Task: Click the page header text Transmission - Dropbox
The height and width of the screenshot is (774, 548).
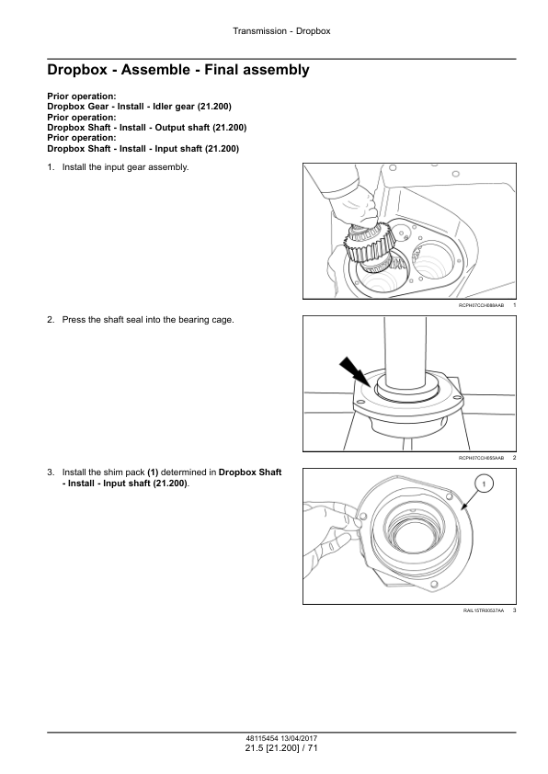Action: click(281, 31)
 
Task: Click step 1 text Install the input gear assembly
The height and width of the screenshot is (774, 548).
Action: click(125, 167)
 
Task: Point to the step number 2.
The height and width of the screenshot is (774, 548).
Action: click(51, 320)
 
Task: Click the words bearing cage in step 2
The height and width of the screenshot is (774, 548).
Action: click(211, 320)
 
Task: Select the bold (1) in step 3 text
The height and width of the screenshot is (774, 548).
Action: click(153, 472)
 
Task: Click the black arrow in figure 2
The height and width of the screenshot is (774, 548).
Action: click(355, 372)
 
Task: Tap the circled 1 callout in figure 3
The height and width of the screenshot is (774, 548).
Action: click(484, 484)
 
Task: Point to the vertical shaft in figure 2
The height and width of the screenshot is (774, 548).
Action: click(405, 354)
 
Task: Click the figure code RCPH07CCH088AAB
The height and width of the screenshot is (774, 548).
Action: click(482, 305)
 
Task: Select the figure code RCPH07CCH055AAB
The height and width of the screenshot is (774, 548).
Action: click(482, 458)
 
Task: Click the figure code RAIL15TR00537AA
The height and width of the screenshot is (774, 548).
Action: click(484, 610)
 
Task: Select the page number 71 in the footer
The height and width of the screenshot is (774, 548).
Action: click(313, 748)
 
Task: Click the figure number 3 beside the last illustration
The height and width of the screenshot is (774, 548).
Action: click(514, 610)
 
